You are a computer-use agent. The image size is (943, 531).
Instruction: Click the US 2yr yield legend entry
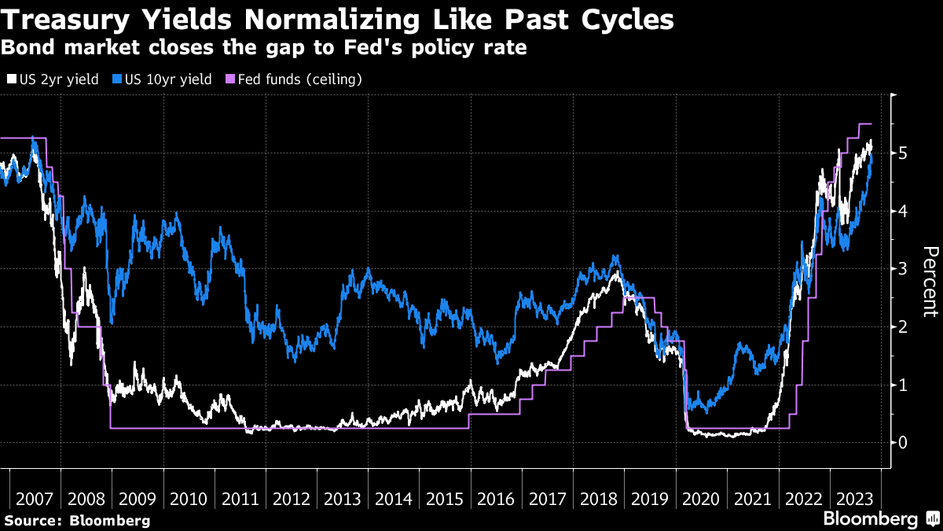pyautogui.click(x=53, y=79)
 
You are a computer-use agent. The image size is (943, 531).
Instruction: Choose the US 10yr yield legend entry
pyautogui.click(x=163, y=79)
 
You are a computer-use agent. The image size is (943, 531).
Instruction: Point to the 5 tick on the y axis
pyautogui.click(x=904, y=153)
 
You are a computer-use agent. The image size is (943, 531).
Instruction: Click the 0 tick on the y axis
pyautogui.click(x=904, y=442)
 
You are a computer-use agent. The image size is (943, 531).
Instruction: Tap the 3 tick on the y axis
pyautogui.click(x=904, y=268)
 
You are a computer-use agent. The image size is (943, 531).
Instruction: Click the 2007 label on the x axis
pyautogui.click(x=35, y=500)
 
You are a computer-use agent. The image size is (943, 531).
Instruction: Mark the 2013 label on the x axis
pyautogui.click(x=343, y=500)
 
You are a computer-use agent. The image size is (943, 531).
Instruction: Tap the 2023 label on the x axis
pyautogui.click(x=854, y=500)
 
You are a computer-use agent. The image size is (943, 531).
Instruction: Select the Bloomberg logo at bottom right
pyautogui.click(x=870, y=518)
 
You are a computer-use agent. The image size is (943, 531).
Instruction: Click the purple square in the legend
pyautogui.click(x=229, y=79)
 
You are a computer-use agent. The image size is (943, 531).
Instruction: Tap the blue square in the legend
pyautogui.click(x=116, y=79)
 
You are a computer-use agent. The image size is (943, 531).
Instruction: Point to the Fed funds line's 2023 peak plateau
pyautogui.click(x=865, y=124)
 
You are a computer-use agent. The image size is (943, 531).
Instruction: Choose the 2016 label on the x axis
pyautogui.click(x=496, y=500)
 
